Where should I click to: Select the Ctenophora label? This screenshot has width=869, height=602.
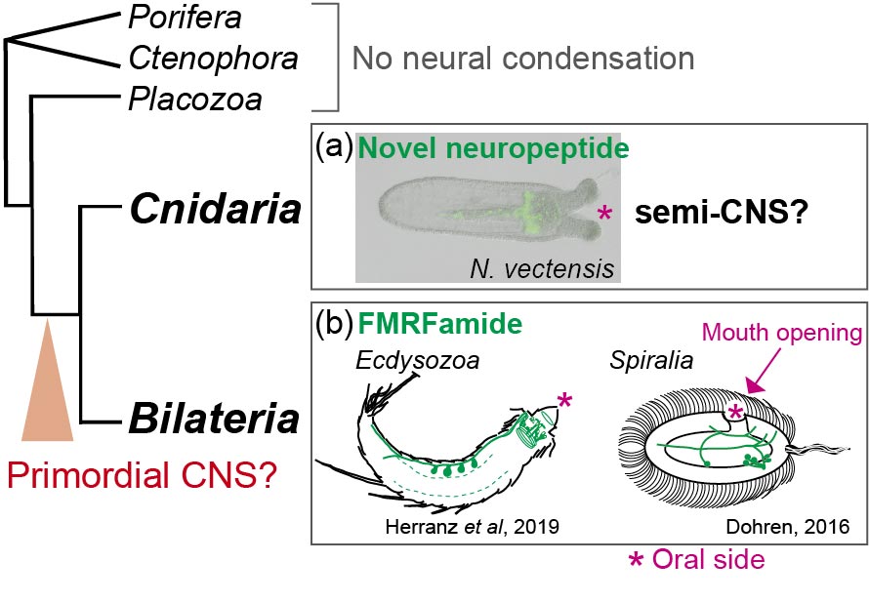click(x=213, y=59)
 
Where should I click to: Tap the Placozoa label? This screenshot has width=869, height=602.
click(x=195, y=99)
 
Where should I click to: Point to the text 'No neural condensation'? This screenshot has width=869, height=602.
click(x=522, y=59)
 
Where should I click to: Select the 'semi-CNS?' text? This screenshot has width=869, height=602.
click(x=716, y=214)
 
